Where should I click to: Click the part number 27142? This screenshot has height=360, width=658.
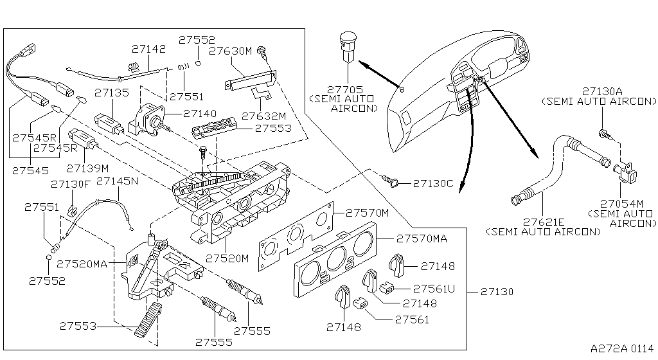148,48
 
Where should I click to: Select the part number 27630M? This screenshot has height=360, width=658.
231,51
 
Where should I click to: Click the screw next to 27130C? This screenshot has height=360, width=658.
391,182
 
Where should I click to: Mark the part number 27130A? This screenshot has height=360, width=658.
603,91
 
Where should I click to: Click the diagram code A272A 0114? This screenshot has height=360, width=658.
621,348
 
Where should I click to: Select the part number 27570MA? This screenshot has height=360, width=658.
422,239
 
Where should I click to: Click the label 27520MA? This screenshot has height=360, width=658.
82,264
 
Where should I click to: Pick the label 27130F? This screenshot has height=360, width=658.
71,184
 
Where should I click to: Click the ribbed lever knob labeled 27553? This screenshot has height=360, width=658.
145,319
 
